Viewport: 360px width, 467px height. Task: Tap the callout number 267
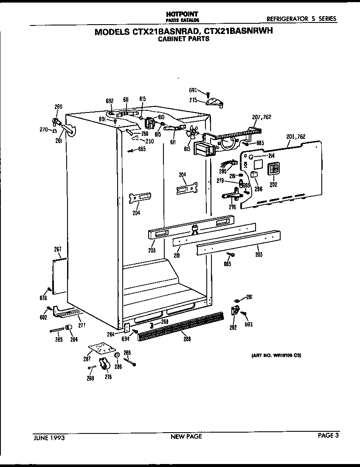[58, 249]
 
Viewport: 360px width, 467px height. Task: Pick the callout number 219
[177, 255]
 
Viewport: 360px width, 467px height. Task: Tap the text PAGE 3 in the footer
[328, 435]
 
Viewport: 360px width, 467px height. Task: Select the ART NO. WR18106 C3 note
[273, 355]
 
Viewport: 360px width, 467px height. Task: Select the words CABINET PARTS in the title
[183, 39]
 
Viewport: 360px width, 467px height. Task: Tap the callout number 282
[233, 327]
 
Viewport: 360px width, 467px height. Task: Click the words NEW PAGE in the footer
[186, 436]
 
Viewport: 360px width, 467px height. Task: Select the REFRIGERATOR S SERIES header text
[301, 19]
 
